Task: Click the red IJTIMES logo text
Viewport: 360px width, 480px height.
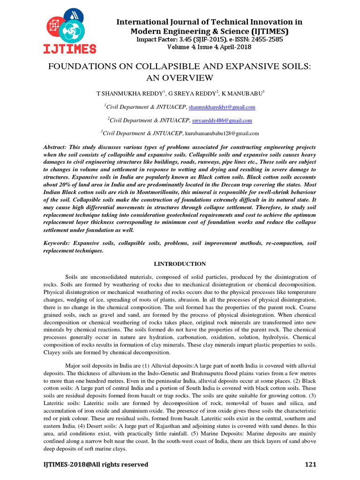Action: [x=70, y=48]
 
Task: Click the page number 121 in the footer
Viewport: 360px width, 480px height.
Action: [x=310, y=465]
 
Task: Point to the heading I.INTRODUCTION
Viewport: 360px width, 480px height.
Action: [x=180, y=264]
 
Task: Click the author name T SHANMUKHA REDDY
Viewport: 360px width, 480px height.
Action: [x=123, y=94]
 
